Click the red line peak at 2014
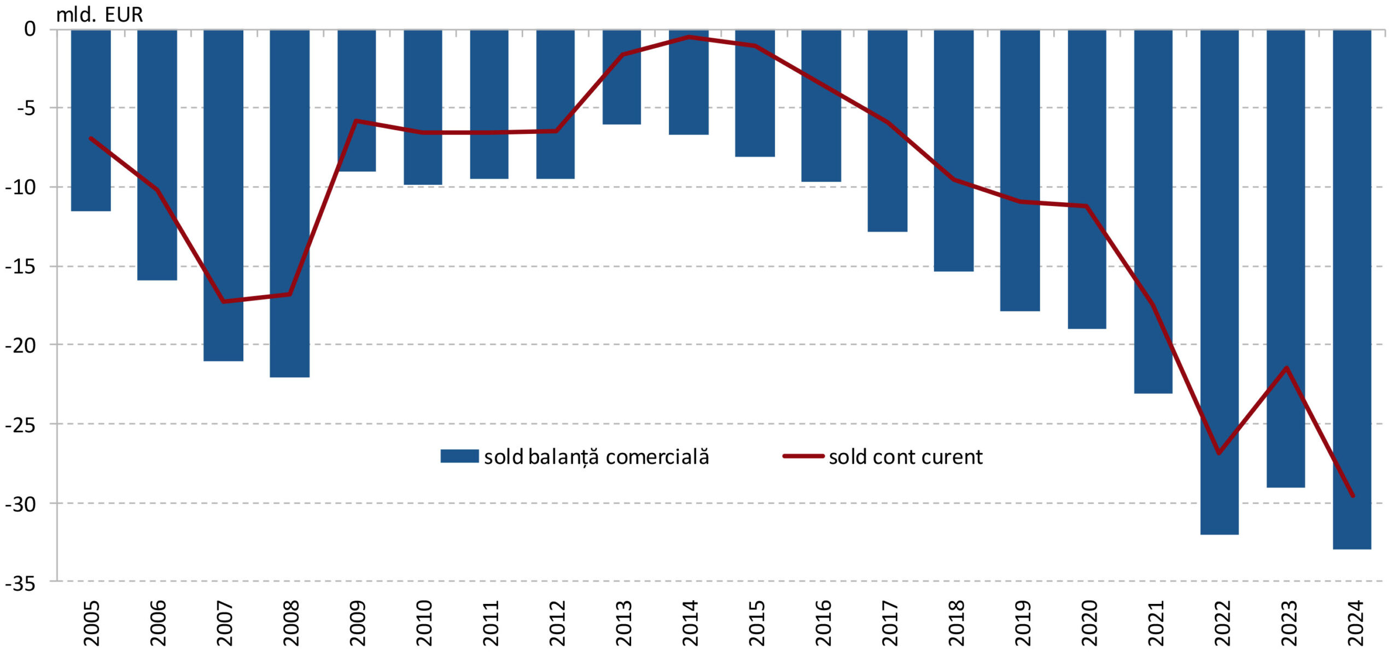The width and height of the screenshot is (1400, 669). tap(689, 37)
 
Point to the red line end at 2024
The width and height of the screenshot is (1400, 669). tap(1352, 495)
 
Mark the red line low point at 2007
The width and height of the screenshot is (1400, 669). tap(223, 301)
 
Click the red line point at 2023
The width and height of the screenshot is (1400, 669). tap(1286, 367)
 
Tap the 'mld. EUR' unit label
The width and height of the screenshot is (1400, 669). tap(100, 15)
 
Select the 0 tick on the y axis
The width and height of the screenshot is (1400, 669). tap(30, 29)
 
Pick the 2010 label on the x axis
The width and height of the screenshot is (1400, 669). tap(424, 623)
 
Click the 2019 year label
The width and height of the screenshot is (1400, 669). tap(1022, 623)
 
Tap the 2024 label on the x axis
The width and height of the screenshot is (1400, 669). tap(1355, 623)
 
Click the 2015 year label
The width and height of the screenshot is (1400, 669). tap(756, 623)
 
